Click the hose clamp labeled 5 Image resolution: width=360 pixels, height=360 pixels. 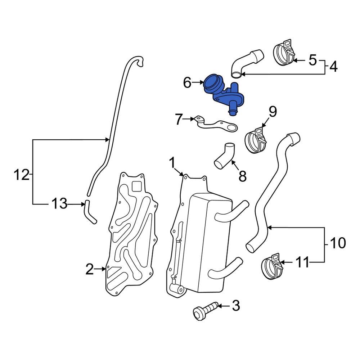(285, 53)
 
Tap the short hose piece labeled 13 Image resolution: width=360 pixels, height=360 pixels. (90, 213)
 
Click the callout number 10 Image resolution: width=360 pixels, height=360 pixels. (338, 243)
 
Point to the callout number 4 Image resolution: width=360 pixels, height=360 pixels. (333, 67)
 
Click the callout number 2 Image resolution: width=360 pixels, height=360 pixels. (90, 269)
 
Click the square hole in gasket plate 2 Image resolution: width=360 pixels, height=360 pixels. (137, 186)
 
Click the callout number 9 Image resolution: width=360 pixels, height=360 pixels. (273, 112)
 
